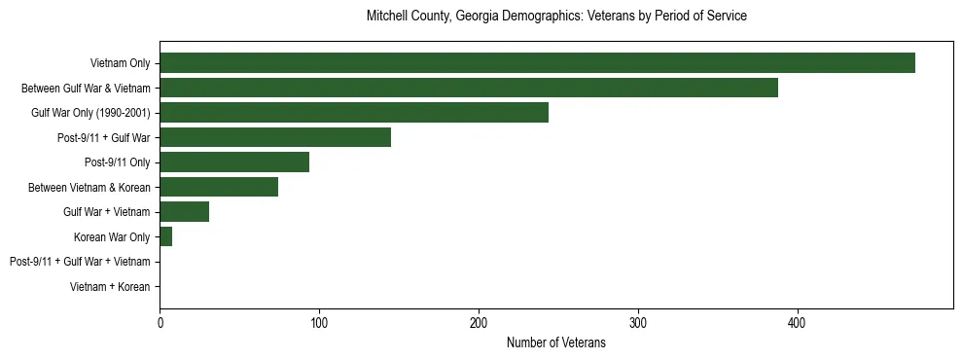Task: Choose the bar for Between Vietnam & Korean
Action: (219, 187)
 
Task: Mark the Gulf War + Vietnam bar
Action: (185, 212)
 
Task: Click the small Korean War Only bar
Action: (166, 236)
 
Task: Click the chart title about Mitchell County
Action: (556, 17)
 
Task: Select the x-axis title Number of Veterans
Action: (556, 342)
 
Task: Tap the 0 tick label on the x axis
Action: (160, 322)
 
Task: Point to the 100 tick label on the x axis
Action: (319, 322)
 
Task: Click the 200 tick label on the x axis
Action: (479, 322)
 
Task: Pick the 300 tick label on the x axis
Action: (638, 322)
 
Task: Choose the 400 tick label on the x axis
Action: (798, 322)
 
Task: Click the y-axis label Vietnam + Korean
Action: (110, 287)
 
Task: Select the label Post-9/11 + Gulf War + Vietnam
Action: (80, 262)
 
